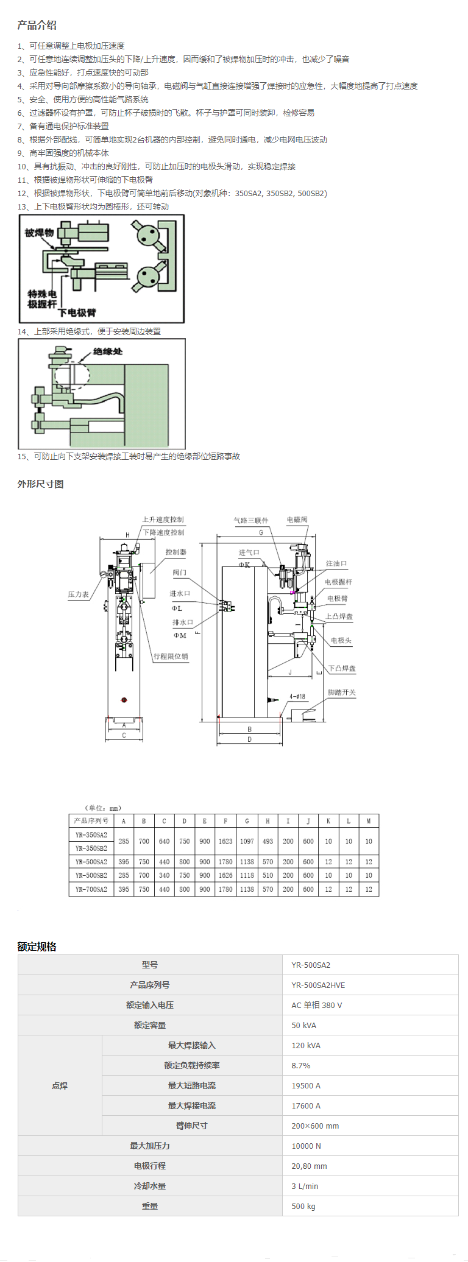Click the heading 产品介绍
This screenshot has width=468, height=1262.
point(37,25)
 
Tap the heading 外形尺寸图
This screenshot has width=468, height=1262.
point(40,484)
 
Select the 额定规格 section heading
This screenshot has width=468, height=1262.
point(37,946)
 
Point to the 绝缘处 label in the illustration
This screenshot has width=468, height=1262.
point(108,351)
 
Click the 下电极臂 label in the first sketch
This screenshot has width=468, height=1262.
point(77,312)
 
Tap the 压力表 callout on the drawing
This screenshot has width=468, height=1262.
point(78,594)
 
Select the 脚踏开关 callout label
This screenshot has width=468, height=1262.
point(341,693)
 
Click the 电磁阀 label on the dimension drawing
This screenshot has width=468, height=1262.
point(297,520)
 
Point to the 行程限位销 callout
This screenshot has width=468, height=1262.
point(171,656)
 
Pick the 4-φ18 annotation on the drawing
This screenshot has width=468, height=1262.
point(297,696)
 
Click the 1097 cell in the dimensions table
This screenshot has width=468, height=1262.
point(247,841)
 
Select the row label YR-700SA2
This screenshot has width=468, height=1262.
point(91,889)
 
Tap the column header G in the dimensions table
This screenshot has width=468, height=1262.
point(247,821)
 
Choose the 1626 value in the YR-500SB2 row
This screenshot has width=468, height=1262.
point(225,875)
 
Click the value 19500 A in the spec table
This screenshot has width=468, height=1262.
point(306,1085)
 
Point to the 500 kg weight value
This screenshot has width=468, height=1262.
point(303,1206)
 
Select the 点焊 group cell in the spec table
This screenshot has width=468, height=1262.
point(60,1085)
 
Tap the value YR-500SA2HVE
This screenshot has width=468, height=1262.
point(318,985)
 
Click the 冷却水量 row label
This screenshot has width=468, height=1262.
point(150,1186)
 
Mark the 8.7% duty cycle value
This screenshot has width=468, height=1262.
point(301,1065)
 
